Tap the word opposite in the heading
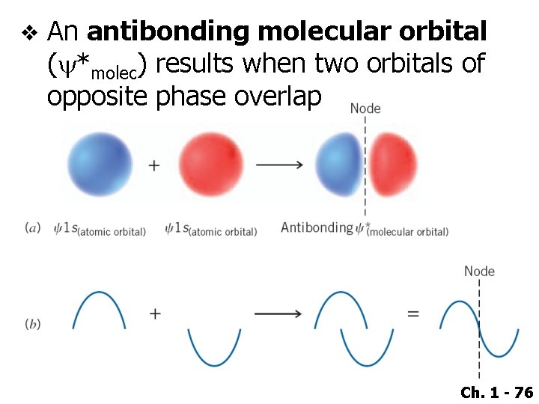pos(97,97)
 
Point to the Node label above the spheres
pos(365,108)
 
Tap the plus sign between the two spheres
pos(153,165)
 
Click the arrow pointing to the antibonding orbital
pos(279,165)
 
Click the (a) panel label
pos(33,228)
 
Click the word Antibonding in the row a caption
pos(317,227)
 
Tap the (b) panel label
pos(33,324)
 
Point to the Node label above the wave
pos(479,271)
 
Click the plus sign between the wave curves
pos(155,313)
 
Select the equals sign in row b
pos(412,313)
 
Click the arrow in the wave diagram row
pos(278,313)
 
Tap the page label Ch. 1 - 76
pos(496,392)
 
